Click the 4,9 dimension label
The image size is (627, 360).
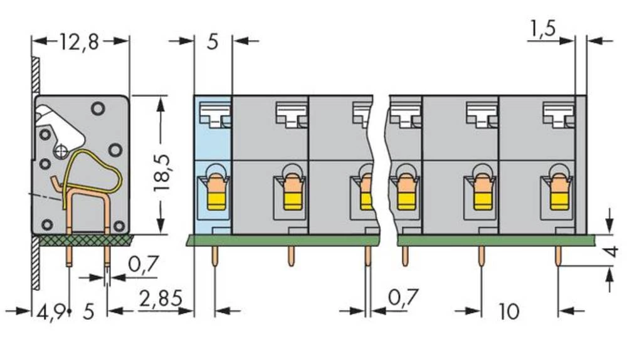pyautogui.click(x=50, y=312)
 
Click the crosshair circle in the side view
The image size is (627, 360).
pyautogui.click(x=61, y=151)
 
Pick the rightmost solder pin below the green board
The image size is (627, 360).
pyautogui.click(x=557, y=256)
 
